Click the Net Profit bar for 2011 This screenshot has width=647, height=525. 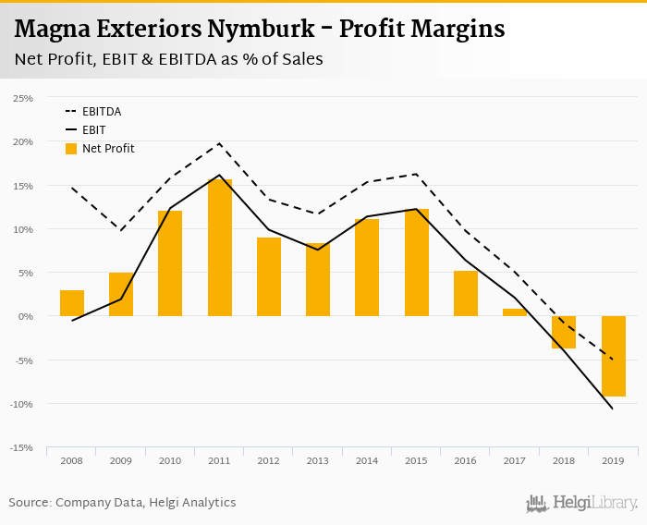pyautogui.click(x=220, y=248)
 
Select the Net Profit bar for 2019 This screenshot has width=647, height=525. pyautogui.click(x=614, y=356)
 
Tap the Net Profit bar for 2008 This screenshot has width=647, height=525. pyautogui.click(x=72, y=303)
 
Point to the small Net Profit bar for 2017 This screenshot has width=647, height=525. pyautogui.click(x=515, y=312)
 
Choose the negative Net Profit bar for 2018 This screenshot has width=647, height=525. pyautogui.click(x=564, y=332)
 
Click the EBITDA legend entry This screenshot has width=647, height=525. pyautogui.click(x=102, y=112)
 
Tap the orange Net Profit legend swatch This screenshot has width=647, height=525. pyautogui.click(x=71, y=149)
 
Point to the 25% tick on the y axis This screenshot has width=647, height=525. pyautogui.click(x=23, y=98)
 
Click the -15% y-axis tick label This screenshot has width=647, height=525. pyautogui.click(x=21, y=448)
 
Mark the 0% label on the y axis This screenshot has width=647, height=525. pyautogui.click(x=25, y=317)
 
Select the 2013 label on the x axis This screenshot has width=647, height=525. pyautogui.click(x=318, y=460)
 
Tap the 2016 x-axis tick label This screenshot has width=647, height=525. pyautogui.click(x=466, y=460)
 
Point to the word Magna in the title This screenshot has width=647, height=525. pyautogui.click(x=45, y=30)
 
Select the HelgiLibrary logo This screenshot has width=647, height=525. pyautogui.click(x=581, y=503)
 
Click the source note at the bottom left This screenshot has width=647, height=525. pyautogui.click(x=122, y=503)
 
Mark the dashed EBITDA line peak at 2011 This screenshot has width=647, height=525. pyautogui.click(x=220, y=143)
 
